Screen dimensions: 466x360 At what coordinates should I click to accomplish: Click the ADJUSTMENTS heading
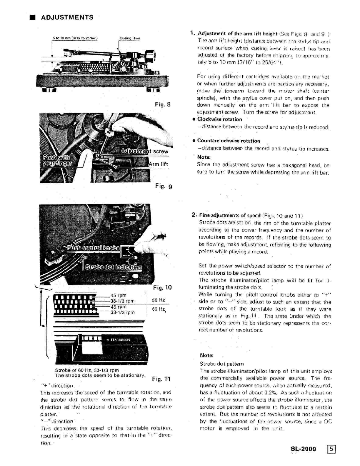67,17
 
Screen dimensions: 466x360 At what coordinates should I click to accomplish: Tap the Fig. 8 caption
163,104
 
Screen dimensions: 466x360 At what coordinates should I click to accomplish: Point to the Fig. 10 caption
162,287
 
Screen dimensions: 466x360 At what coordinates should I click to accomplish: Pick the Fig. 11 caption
161,379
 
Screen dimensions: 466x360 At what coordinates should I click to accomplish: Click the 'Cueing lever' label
130,38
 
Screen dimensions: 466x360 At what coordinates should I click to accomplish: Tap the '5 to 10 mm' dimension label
75,38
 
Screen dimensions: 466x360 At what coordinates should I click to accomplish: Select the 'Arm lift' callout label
159,164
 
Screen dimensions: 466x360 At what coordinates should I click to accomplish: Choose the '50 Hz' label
158,300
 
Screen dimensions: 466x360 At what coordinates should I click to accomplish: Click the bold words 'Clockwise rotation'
219,119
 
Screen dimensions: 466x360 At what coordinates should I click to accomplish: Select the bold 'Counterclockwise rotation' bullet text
229,141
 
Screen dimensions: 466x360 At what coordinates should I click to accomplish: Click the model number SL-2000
303,449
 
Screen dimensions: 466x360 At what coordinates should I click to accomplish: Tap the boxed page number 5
331,449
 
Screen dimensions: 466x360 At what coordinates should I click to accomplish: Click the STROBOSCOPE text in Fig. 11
120,340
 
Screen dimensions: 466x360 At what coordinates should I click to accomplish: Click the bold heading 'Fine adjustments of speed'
230,215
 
